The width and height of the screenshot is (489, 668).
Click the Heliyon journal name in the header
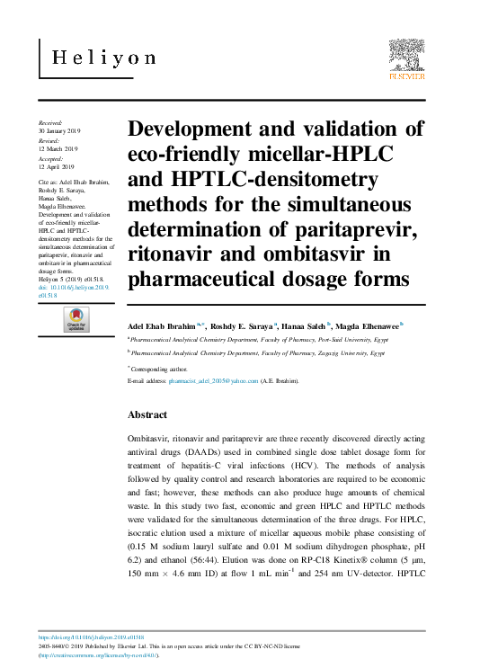103,58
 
